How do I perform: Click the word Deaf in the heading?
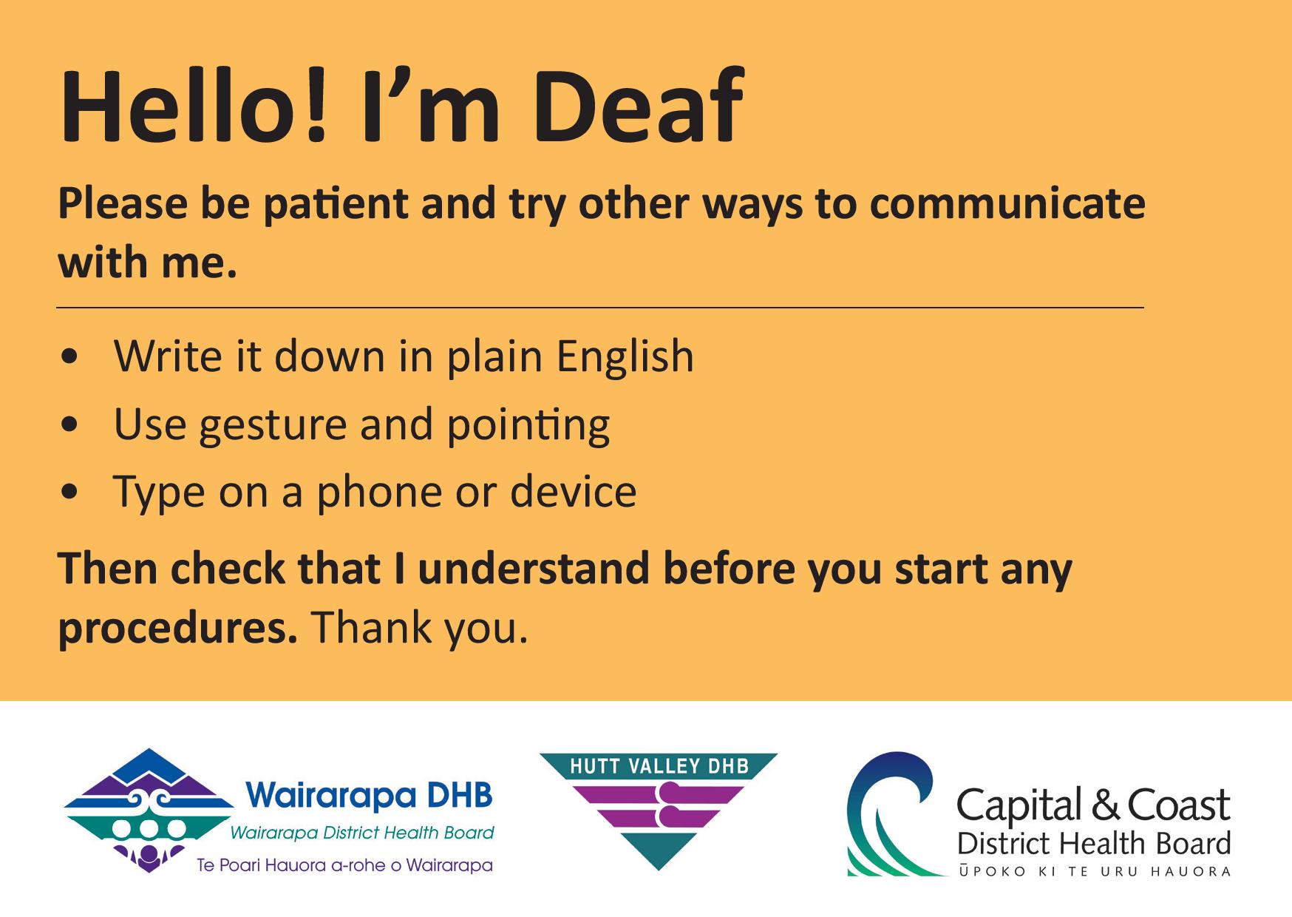coord(637,106)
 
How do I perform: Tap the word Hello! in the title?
coord(194,106)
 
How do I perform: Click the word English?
coord(625,358)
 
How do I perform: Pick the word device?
coord(573,493)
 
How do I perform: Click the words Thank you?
coord(419,629)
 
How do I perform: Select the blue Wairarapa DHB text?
coord(370,796)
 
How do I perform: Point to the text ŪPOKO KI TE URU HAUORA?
coord(1094,872)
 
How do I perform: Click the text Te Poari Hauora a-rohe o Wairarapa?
coord(344,865)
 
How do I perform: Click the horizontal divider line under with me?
coord(600,307)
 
